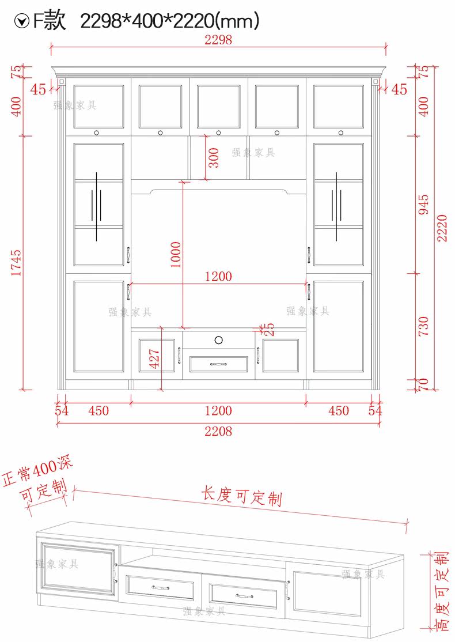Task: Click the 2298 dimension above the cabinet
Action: pyautogui.click(x=218, y=40)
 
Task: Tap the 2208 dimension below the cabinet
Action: pyautogui.click(x=218, y=431)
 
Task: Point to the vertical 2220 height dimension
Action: pyautogui.click(x=442, y=228)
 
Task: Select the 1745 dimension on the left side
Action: pyautogui.click(x=16, y=262)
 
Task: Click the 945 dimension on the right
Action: pyautogui.click(x=423, y=205)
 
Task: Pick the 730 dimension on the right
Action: pyautogui.click(x=423, y=326)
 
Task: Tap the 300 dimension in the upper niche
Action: pyautogui.click(x=214, y=158)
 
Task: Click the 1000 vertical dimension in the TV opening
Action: pyautogui.click(x=175, y=255)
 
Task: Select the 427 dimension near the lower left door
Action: pyautogui.click(x=154, y=358)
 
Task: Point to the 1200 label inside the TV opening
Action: pyautogui.click(x=218, y=277)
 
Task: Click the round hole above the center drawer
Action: pyautogui.click(x=218, y=340)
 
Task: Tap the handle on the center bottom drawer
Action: pyautogui.click(x=218, y=364)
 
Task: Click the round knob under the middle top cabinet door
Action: pyautogui.click(x=218, y=133)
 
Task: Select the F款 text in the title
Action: pyautogui.click(x=50, y=21)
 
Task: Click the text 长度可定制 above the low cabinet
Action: pyautogui.click(x=241, y=496)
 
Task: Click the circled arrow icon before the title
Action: pyautogui.click(x=22, y=21)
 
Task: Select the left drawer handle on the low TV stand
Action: pyautogui.click(x=161, y=588)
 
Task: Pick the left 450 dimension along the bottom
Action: pyautogui.click(x=98, y=411)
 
